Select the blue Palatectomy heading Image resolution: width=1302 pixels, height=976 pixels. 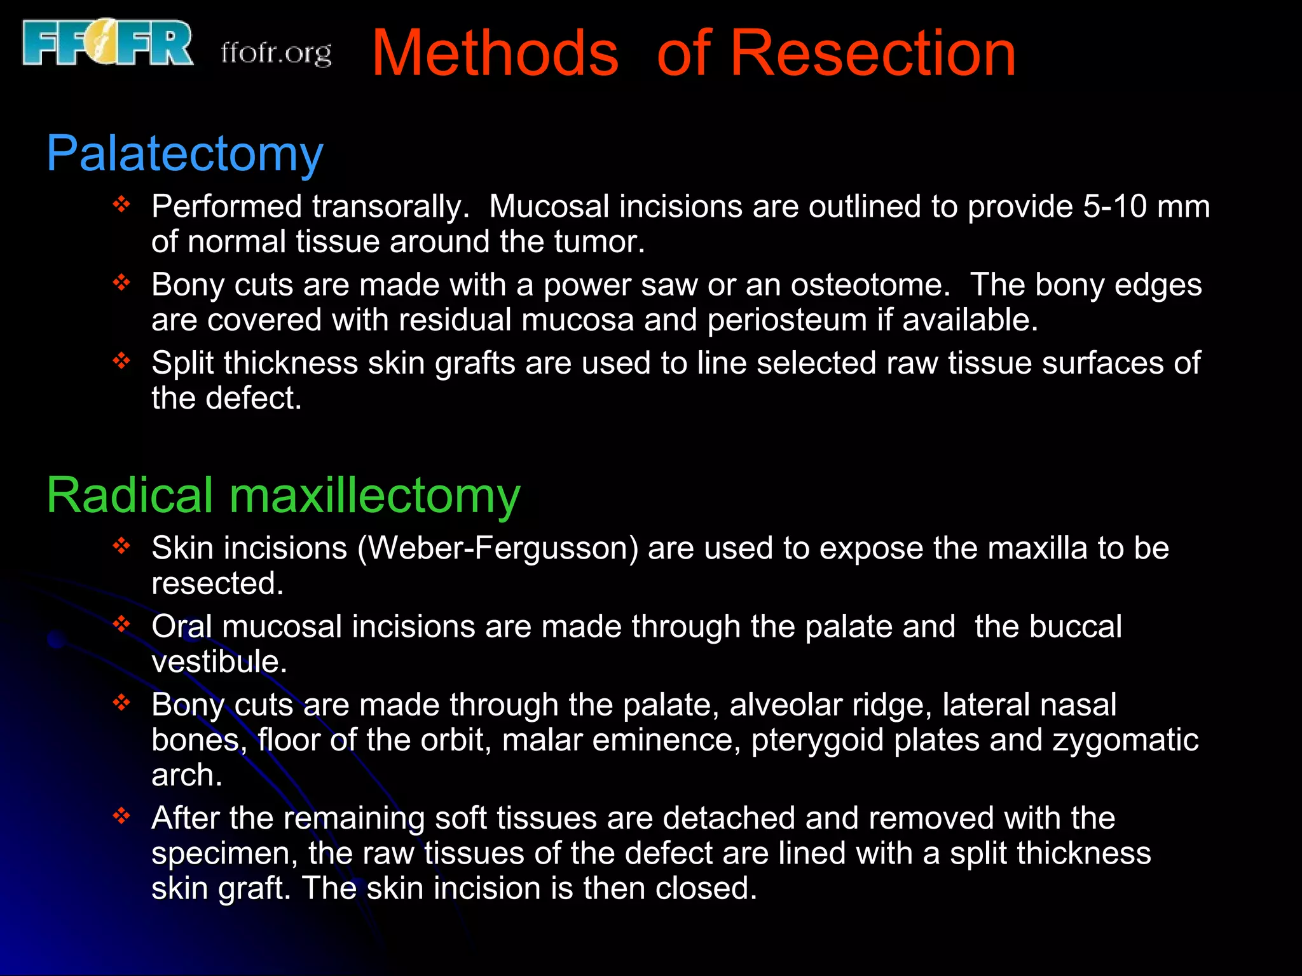pyautogui.click(x=184, y=154)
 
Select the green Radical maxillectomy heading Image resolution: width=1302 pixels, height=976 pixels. pyautogui.click(x=283, y=496)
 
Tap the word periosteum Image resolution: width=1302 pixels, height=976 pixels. pyautogui.click(x=787, y=320)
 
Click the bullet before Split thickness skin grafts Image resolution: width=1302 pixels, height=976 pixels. pyautogui.click(x=121, y=361)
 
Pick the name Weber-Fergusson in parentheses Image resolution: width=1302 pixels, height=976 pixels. pyautogui.click(x=498, y=548)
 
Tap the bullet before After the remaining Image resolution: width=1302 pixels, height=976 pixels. pyautogui.click(x=121, y=815)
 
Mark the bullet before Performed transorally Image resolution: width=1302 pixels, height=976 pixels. pyautogui.click(x=121, y=205)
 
